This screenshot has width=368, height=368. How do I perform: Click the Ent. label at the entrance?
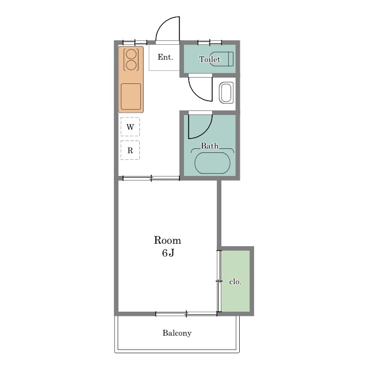pyautogui.click(x=165, y=57)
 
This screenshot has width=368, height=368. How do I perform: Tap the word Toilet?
pyautogui.click(x=209, y=59)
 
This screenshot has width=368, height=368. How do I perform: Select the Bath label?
pyautogui.click(x=209, y=145)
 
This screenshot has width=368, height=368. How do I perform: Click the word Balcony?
pyautogui.click(x=177, y=333)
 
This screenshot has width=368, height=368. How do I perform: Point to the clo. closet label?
pyautogui.click(x=235, y=282)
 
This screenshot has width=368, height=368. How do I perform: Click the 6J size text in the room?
pyautogui.click(x=168, y=253)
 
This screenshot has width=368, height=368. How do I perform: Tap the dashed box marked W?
pyautogui.click(x=130, y=126)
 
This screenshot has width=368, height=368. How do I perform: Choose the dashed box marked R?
pyautogui.click(x=130, y=150)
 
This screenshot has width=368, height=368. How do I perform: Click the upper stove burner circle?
pyautogui.click(x=131, y=54)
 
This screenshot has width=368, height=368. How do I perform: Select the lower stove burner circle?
pyautogui.click(x=131, y=65)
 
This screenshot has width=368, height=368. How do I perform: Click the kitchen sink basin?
pyautogui.click(x=131, y=97)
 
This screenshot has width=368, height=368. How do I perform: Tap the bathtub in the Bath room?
pyautogui.click(x=212, y=163)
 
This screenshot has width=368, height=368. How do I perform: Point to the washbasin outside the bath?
pyautogui.click(x=226, y=93)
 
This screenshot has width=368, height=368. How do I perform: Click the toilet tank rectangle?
pyautogui.click(x=231, y=59)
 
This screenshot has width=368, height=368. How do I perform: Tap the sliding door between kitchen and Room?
pyautogui.click(x=151, y=178)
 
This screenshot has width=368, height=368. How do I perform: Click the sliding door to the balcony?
pyautogui.click(x=186, y=314)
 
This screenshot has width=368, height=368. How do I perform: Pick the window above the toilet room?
pyautogui.click(x=210, y=43)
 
